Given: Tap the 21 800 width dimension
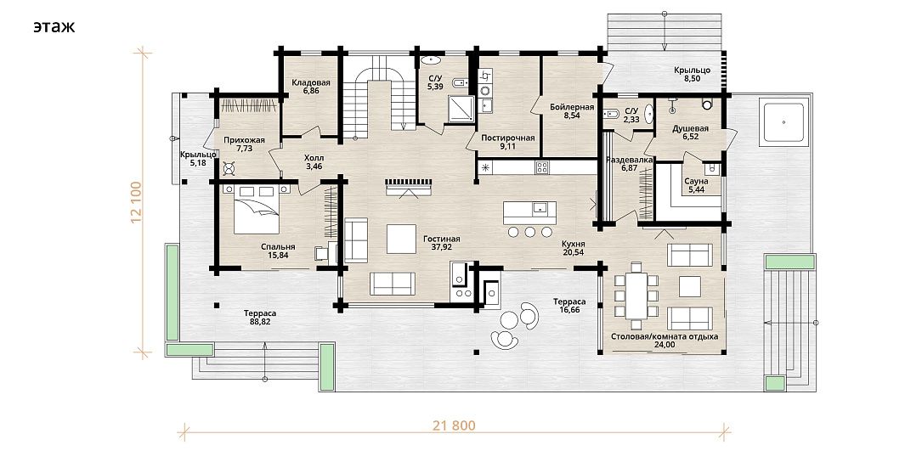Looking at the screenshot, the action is coord(454,425).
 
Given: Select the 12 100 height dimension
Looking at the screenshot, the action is coord(137,202).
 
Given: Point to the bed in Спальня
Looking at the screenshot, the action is coord(257,209).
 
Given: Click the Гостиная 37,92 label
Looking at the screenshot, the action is coord(442,243).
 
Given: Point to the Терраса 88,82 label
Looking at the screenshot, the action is coord(260,318).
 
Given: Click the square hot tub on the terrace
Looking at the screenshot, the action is coord(783,122).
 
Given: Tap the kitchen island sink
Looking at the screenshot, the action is coord(540,207).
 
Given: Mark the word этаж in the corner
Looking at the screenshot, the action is coord(54,26).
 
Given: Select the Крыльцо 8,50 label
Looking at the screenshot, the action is coord(692,74).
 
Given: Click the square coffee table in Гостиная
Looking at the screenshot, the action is coord(401,239).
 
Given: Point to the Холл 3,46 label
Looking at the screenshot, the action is coord(314,161).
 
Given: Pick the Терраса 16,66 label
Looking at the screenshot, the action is coord(569,305).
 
